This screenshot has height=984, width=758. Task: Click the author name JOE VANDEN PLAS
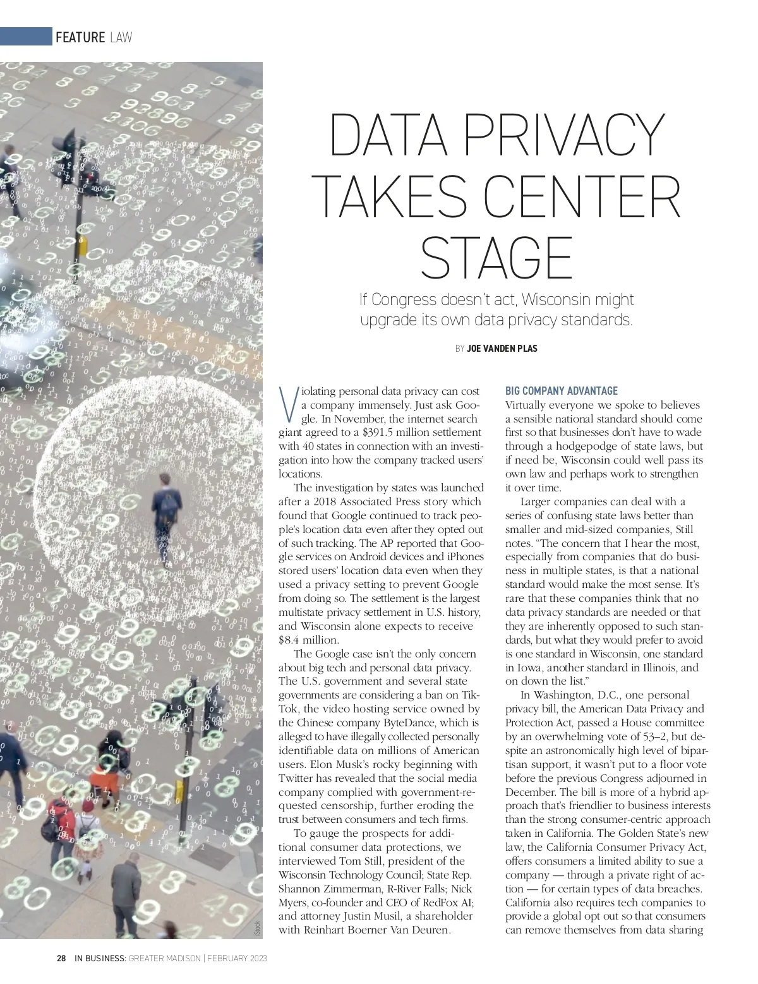click(502, 349)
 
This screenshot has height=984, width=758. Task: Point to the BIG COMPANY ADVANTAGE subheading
click(562, 391)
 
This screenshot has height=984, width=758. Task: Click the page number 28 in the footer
click(61, 958)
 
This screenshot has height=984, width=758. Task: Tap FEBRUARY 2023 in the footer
click(238, 958)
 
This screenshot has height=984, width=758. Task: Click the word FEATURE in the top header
click(80, 37)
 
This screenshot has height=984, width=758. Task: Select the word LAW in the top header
click(121, 37)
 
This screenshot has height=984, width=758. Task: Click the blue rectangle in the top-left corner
click(26, 37)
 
